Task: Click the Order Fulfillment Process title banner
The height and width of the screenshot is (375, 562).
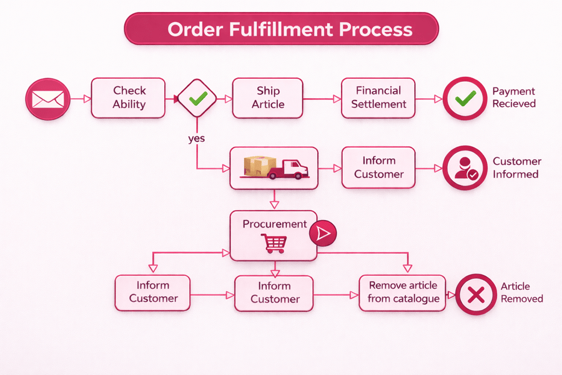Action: [282, 29]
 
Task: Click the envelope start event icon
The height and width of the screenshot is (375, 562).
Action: [47, 99]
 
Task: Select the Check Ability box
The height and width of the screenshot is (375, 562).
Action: [128, 98]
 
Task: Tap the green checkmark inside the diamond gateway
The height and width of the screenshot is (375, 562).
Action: [197, 98]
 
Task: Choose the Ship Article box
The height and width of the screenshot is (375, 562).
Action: [267, 98]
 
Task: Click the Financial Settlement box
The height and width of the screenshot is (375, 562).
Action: [378, 98]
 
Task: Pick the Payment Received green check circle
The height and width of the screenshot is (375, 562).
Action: [465, 98]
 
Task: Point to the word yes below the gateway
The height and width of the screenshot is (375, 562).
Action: [196, 138]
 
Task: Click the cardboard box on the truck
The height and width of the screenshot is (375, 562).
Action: [259, 166]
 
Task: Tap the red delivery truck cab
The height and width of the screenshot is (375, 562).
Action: [294, 167]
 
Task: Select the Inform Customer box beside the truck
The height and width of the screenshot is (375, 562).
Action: [378, 167]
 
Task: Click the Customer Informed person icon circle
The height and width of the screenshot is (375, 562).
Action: [465, 168]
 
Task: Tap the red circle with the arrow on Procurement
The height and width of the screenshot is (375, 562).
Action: [323, 233]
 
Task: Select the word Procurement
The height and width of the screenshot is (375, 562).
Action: [274, 224]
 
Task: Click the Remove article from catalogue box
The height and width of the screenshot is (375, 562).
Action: [403, 292]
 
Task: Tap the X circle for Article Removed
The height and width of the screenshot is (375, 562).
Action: [476, 293]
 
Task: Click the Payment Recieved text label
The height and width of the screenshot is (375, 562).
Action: [514, 97]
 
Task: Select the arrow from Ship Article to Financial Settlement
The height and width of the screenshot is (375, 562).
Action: [322, 98]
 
